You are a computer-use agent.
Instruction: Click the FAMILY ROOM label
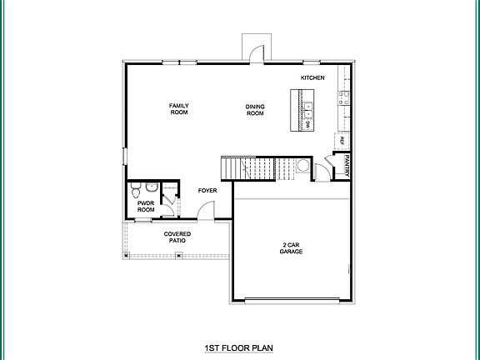pyautogui.click(x=179, y=109)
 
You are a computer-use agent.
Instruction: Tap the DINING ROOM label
pyautogui.click(x=255, y=109)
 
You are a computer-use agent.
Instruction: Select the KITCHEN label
pyautogui.click(x=312, y=78)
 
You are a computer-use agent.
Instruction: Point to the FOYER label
pyautogui.click(x=207, y=191)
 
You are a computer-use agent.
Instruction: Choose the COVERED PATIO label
pyautogui.click(x=177, y=237)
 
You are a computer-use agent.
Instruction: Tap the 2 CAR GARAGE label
pyautogui.click(x=290, y=247)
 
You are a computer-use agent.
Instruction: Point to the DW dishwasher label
pyautogui.click(x=307, y=123)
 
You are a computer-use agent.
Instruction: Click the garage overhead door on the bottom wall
pyautogui.click(x=290, y=299)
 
